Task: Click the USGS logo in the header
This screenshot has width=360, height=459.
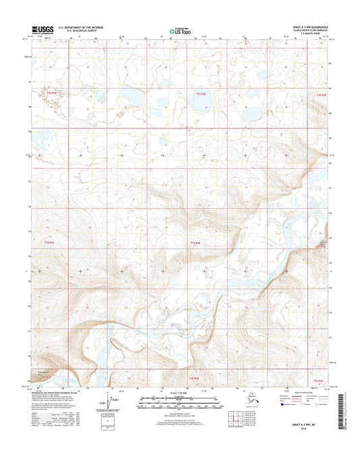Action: pos(43,29)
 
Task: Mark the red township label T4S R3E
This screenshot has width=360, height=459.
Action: pos(325,381)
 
